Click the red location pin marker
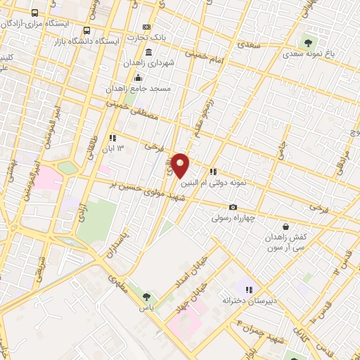coord(180,165)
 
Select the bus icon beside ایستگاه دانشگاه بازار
coord(86,31)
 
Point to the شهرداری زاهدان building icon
coord(148,53)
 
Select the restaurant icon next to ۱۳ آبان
coord(112,138)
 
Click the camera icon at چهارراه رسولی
coord(233,207)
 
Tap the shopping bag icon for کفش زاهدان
coord(285,226)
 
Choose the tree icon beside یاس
coord(146,297)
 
